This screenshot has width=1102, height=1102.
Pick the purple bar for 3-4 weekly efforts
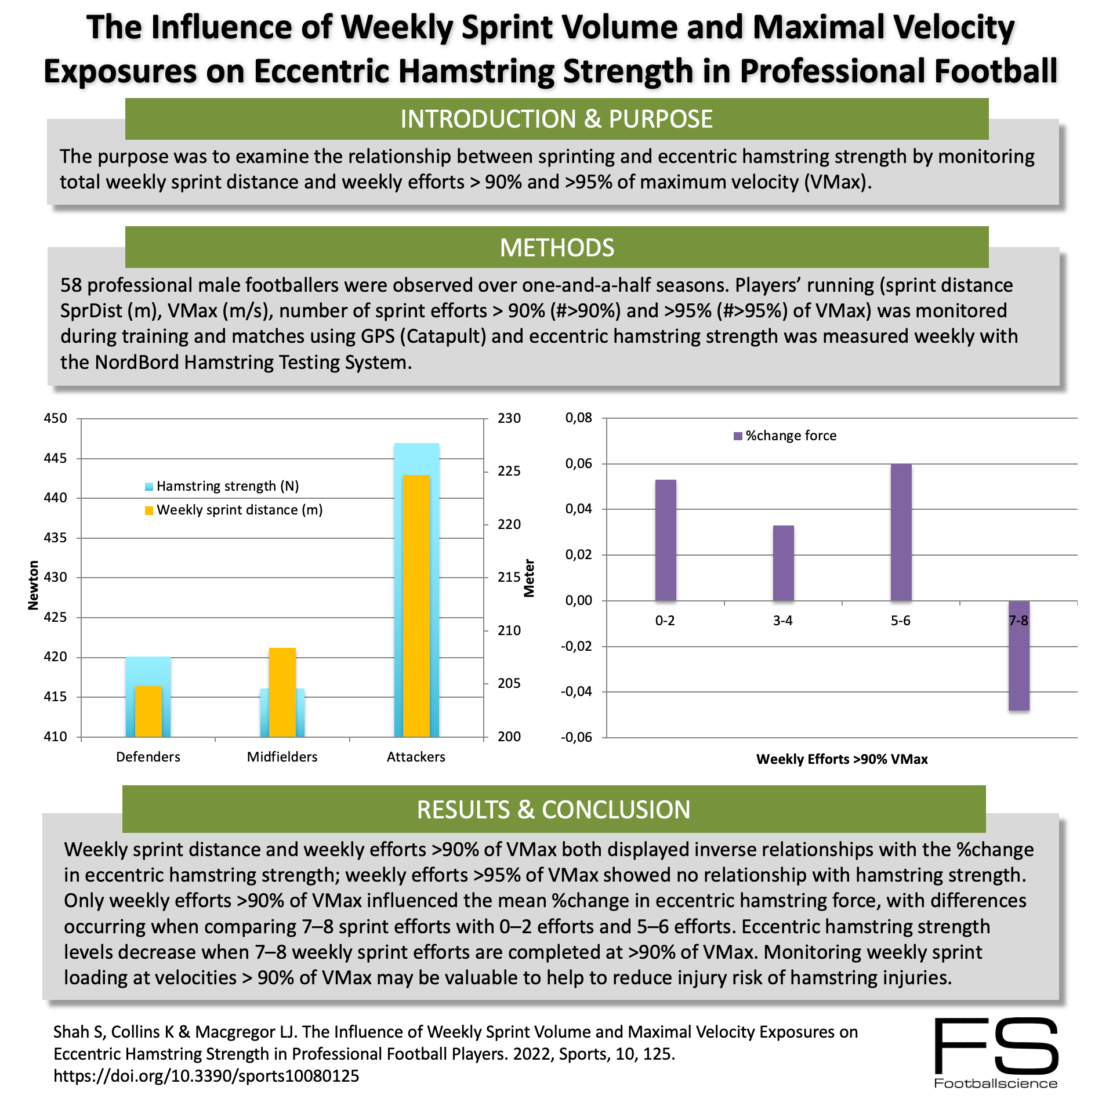click(x=783, y=563)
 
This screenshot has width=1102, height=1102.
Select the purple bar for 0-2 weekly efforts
click(x=665, y=540)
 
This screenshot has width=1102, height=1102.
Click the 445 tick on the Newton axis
click(x=56, y=458)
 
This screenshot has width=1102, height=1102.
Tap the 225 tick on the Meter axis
click(x=509, y=471)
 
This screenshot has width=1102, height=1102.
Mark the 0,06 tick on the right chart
click(x=578, y=463)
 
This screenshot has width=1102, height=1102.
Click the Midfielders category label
click(x=282, y=757)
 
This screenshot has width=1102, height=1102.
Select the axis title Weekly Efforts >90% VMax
click(x=842, y=759)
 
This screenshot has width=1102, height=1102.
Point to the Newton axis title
click(x=33, y=585)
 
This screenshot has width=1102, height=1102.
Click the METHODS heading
click(x=557, y=248)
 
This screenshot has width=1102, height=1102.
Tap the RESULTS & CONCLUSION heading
click(x=553, y=810)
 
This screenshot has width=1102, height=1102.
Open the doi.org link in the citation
click(x=206, y=1076)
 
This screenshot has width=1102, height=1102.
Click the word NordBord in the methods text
click(x=137, y=362)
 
